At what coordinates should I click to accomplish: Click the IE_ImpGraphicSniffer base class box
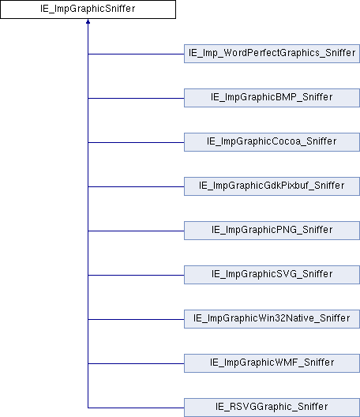coord(88,9)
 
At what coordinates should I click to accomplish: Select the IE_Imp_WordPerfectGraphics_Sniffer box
coord(272,54)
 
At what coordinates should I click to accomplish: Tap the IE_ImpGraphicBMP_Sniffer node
coord(272,98)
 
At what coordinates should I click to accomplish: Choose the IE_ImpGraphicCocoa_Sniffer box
coord(272,142)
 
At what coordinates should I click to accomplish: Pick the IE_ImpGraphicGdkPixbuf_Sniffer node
coord(272,186)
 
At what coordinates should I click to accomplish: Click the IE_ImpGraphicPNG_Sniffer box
coord(272,231)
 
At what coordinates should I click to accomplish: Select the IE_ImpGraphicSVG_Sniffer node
coord(272,275)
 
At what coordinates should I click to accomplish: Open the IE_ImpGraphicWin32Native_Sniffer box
coord(272,319)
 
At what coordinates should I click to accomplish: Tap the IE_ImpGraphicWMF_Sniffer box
coord(272,363)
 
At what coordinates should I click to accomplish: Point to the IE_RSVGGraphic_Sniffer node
coord(272,408)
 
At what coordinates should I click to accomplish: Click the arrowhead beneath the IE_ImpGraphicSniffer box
coord(88,21)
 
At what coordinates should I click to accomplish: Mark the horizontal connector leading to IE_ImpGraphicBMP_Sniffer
coord(136,98)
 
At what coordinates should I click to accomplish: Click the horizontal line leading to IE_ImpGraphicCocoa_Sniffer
coord(136,142)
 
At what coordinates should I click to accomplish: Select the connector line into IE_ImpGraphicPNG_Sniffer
coord(136,231)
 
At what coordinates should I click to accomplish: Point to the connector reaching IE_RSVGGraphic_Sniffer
coord(136,408)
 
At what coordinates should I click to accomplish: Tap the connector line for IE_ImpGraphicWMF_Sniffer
coord(136,363)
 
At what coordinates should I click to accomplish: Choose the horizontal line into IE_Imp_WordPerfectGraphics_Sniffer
coord(136,54)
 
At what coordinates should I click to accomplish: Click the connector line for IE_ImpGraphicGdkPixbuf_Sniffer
coord(136,186)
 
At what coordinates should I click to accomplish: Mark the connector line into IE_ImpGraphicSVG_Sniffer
coord(136,275)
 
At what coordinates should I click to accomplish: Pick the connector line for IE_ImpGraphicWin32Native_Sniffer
coord(136,319)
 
